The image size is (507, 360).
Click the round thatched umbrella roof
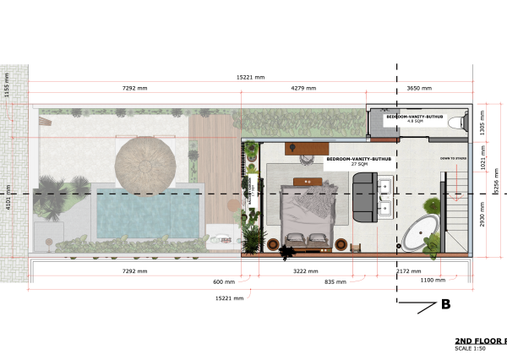(x=145, y=163)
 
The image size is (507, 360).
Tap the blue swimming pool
(x=148, y=213)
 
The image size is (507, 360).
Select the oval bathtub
(x=419, y=231)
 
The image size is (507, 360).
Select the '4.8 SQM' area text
(x=414, y=121)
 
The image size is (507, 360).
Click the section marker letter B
(x=444, y=304)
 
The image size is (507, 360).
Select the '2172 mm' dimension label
(x=409, y=271)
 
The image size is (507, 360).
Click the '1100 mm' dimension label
(x=432, y=280)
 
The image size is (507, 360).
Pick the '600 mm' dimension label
(x=223, y=281)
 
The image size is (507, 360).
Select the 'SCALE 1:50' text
(x=473, y=348)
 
